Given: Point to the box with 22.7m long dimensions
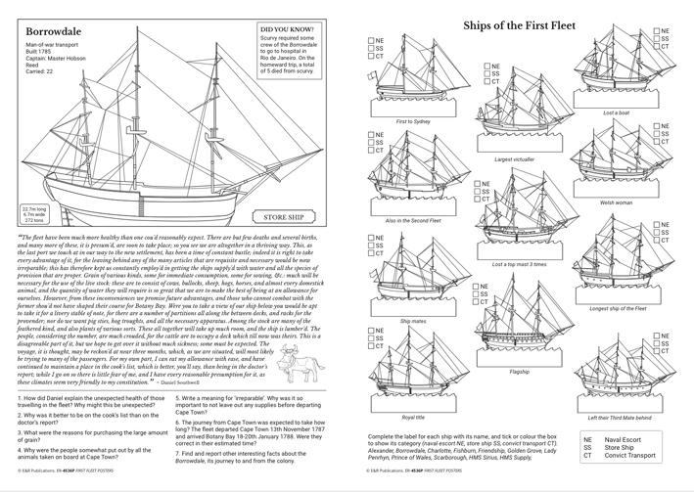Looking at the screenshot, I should (35, 215).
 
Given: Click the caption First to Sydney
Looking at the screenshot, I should (412, 121).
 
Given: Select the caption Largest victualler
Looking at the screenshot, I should (515, 158).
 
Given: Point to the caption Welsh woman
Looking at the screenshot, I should (616, 202).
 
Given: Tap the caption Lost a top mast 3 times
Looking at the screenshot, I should (519, 264).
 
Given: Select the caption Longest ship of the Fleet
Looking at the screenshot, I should (618, 308).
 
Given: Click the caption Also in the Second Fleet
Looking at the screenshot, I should (412, 220).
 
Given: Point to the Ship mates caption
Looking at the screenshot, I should (412, 320).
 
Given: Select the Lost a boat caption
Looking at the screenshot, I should (617, 112).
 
